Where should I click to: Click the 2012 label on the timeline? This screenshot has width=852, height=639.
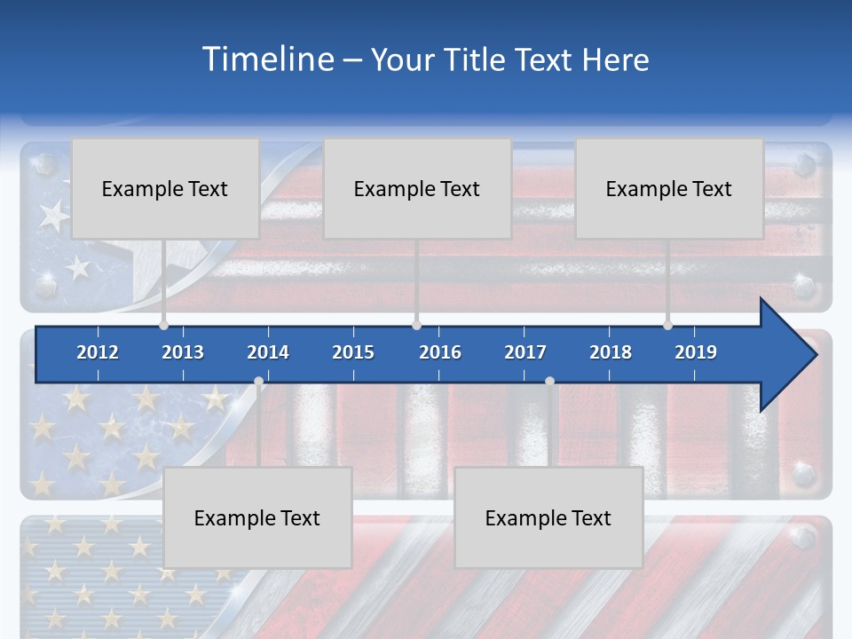pos(98,352)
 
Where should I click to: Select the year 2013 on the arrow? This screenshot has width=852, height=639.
pos(183,352)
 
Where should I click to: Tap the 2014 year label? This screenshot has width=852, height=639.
pos(268,352)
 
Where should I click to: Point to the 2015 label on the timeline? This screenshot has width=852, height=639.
pos(353,352)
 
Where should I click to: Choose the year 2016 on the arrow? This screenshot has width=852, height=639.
pos(440,352)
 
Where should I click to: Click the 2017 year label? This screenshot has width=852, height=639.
pos(525,352)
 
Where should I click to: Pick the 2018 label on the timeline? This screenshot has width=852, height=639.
pos(611,352)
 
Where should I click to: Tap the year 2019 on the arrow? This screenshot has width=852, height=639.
pos(696,352)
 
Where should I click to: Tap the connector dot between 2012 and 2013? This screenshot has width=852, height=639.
pos(163,325)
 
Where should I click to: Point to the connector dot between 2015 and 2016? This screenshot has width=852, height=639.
pos(416,325)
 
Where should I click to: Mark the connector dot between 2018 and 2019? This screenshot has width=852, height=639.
pos(668,325)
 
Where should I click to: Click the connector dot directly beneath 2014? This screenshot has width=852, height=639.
pos(258,382)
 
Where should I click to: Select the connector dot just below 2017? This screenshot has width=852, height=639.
pos(549,382)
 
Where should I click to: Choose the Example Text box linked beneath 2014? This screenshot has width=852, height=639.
pos(257,517)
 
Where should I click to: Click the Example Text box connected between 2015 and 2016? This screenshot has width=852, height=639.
pos(417,188)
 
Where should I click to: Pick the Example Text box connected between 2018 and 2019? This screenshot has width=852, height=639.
pos(669,188)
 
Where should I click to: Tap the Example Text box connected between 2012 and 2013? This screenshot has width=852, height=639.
pos(165,188)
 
